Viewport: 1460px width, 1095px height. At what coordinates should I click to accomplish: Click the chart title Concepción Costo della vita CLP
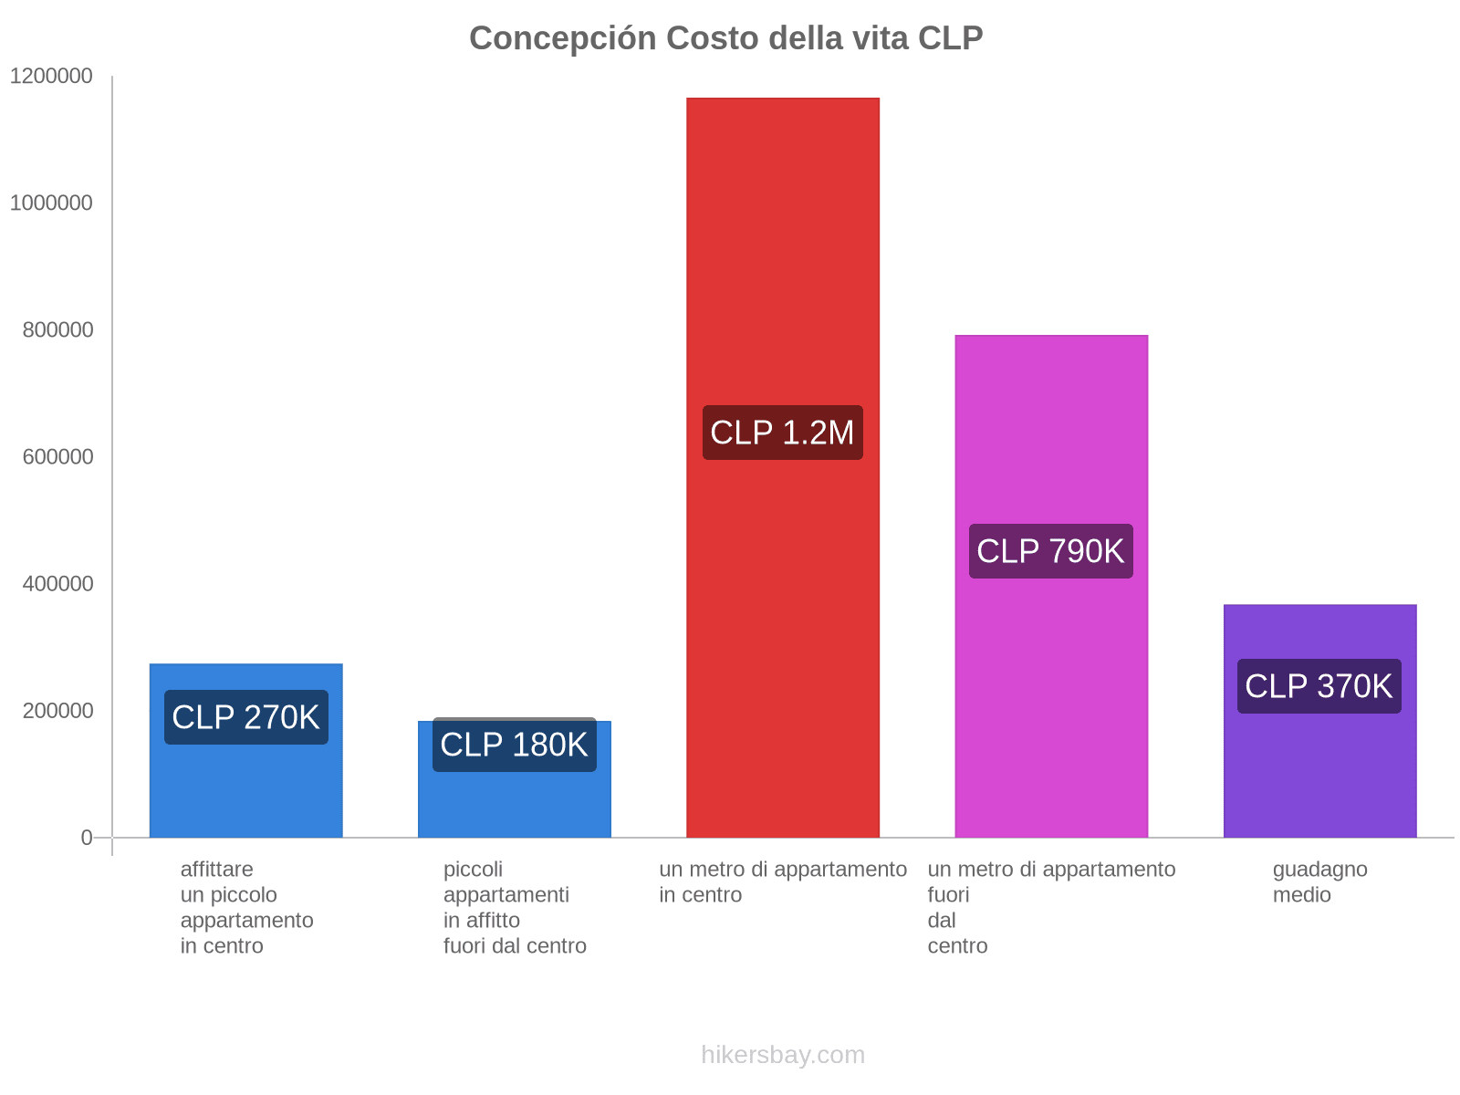[x=725, y=38]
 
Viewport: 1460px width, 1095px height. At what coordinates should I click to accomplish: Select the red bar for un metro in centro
[x=782, y=274]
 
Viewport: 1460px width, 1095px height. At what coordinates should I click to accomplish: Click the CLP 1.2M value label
[x=782, y=433]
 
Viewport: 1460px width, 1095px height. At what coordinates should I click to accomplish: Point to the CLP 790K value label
[x=1050, y=551]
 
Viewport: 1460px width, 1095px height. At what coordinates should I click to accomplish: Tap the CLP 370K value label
[x=1319, y=686]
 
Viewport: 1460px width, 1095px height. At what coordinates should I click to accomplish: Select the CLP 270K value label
[x=245, y=717]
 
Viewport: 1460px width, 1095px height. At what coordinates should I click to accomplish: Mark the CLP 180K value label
[x=514, y=745]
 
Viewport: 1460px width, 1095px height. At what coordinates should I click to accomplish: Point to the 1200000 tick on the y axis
[x=52, y=76]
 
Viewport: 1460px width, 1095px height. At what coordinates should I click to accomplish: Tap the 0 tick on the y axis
[x=87, y=837]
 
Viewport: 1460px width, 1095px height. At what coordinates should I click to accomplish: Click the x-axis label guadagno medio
[x=1319, y=881]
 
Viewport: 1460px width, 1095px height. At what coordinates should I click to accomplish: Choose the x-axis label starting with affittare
[x=246, y=907]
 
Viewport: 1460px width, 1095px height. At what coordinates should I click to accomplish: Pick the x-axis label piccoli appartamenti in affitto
[x=515, y=907]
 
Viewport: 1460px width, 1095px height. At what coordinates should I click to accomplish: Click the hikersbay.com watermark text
[x=782, y=1055]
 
